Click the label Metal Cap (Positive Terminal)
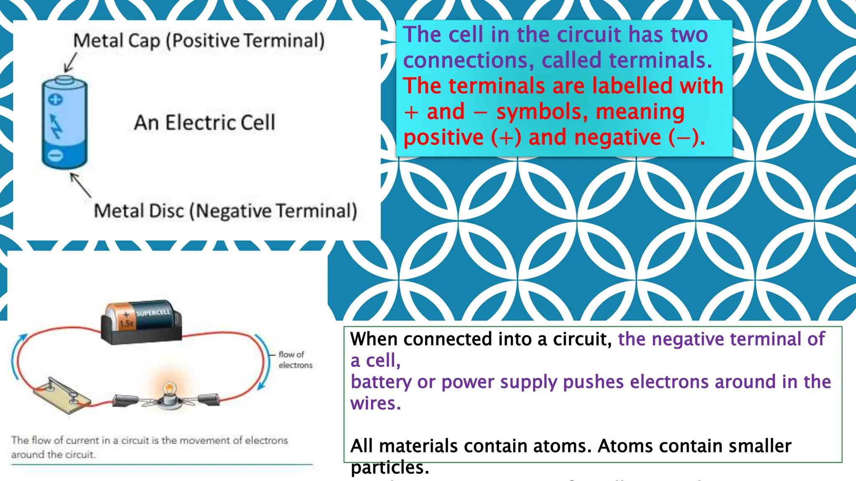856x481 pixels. [199, 41]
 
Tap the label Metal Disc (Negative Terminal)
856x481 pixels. [225, 211]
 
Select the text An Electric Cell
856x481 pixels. [204, 123]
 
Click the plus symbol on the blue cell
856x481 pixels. [56, 99]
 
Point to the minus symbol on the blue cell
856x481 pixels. [55, 155]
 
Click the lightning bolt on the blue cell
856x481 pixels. [56, 127]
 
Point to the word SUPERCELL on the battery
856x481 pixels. [153, 312]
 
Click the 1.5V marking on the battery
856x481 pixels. [126, 324]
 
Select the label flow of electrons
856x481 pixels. [295, 359]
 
